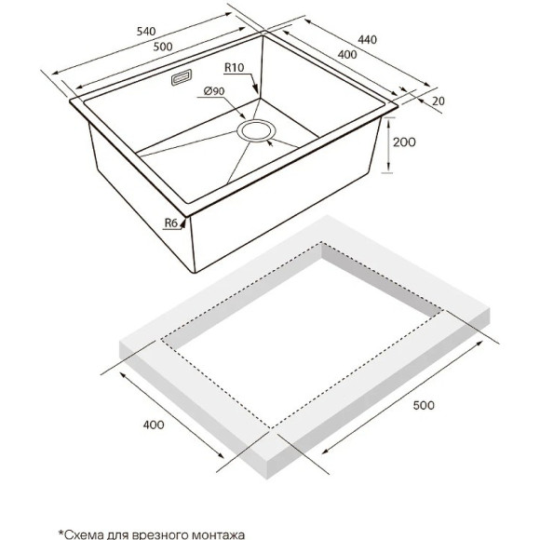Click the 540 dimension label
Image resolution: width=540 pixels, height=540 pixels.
pos(146,32)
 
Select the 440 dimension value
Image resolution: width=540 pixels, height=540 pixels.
pos(367,40)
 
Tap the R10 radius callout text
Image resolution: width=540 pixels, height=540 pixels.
pos(235,67)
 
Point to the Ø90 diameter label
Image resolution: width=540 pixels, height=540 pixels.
pos(214,91)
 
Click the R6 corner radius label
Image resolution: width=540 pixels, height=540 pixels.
pos(170,223)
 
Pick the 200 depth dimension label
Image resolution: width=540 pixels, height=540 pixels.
pos(404,142)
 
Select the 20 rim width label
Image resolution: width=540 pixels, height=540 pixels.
pos(439,101)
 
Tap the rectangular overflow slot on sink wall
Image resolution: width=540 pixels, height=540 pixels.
pos(182,77)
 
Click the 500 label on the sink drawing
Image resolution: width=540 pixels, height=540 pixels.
pos(163,47)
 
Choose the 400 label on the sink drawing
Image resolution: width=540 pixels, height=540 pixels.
pos(347,54)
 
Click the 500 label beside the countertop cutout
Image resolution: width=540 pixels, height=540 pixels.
pos(424,405)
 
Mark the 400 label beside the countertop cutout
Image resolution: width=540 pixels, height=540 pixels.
pos(154,425)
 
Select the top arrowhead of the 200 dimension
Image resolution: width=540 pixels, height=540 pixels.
pos(388,119)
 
